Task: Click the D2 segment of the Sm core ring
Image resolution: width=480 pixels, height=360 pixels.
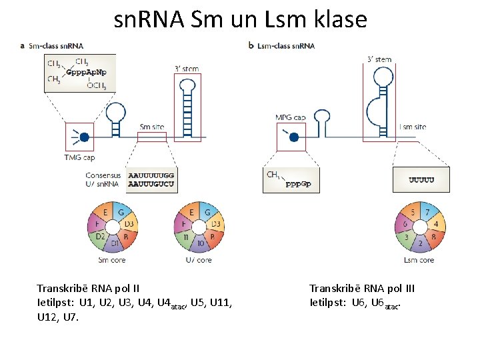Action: (x=100, y=237)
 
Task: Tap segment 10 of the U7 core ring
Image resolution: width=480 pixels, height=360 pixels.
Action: (x=200, y=244)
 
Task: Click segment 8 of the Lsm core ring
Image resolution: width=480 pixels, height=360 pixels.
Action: (x=435, y=236)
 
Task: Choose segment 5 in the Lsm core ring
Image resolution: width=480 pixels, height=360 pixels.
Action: (x=413, y=213)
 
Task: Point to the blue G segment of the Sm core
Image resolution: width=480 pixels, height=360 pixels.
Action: (x=121, y=213)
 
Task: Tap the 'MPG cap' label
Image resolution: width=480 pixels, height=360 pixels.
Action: (x=291, y=117)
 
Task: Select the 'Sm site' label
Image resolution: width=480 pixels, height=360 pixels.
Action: (x=152, y=127)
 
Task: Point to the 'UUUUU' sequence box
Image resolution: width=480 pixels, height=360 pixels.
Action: (x=421, y=179)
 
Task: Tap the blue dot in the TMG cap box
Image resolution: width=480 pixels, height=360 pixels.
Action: (x=84, y=137)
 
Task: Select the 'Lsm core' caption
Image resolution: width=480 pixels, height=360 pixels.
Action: (x=419, y=260)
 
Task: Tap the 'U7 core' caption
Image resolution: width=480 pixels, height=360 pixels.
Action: (x=199, y=260)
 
